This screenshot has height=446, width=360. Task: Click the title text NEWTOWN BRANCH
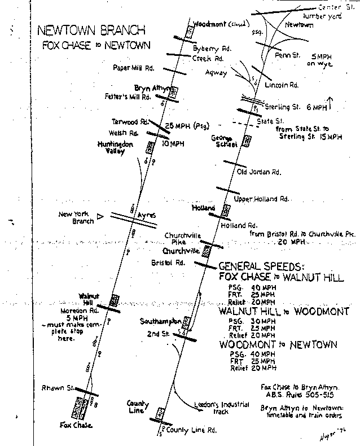coord(91,30)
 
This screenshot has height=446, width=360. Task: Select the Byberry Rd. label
coord(210,49)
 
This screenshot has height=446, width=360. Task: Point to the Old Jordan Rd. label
coord(258,171)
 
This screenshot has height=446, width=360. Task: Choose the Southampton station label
coord(159,321)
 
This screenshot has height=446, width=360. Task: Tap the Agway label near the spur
coord(217,73)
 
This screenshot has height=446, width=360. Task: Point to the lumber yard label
coord(323,16)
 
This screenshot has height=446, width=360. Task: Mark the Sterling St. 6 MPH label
coord(299,106)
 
